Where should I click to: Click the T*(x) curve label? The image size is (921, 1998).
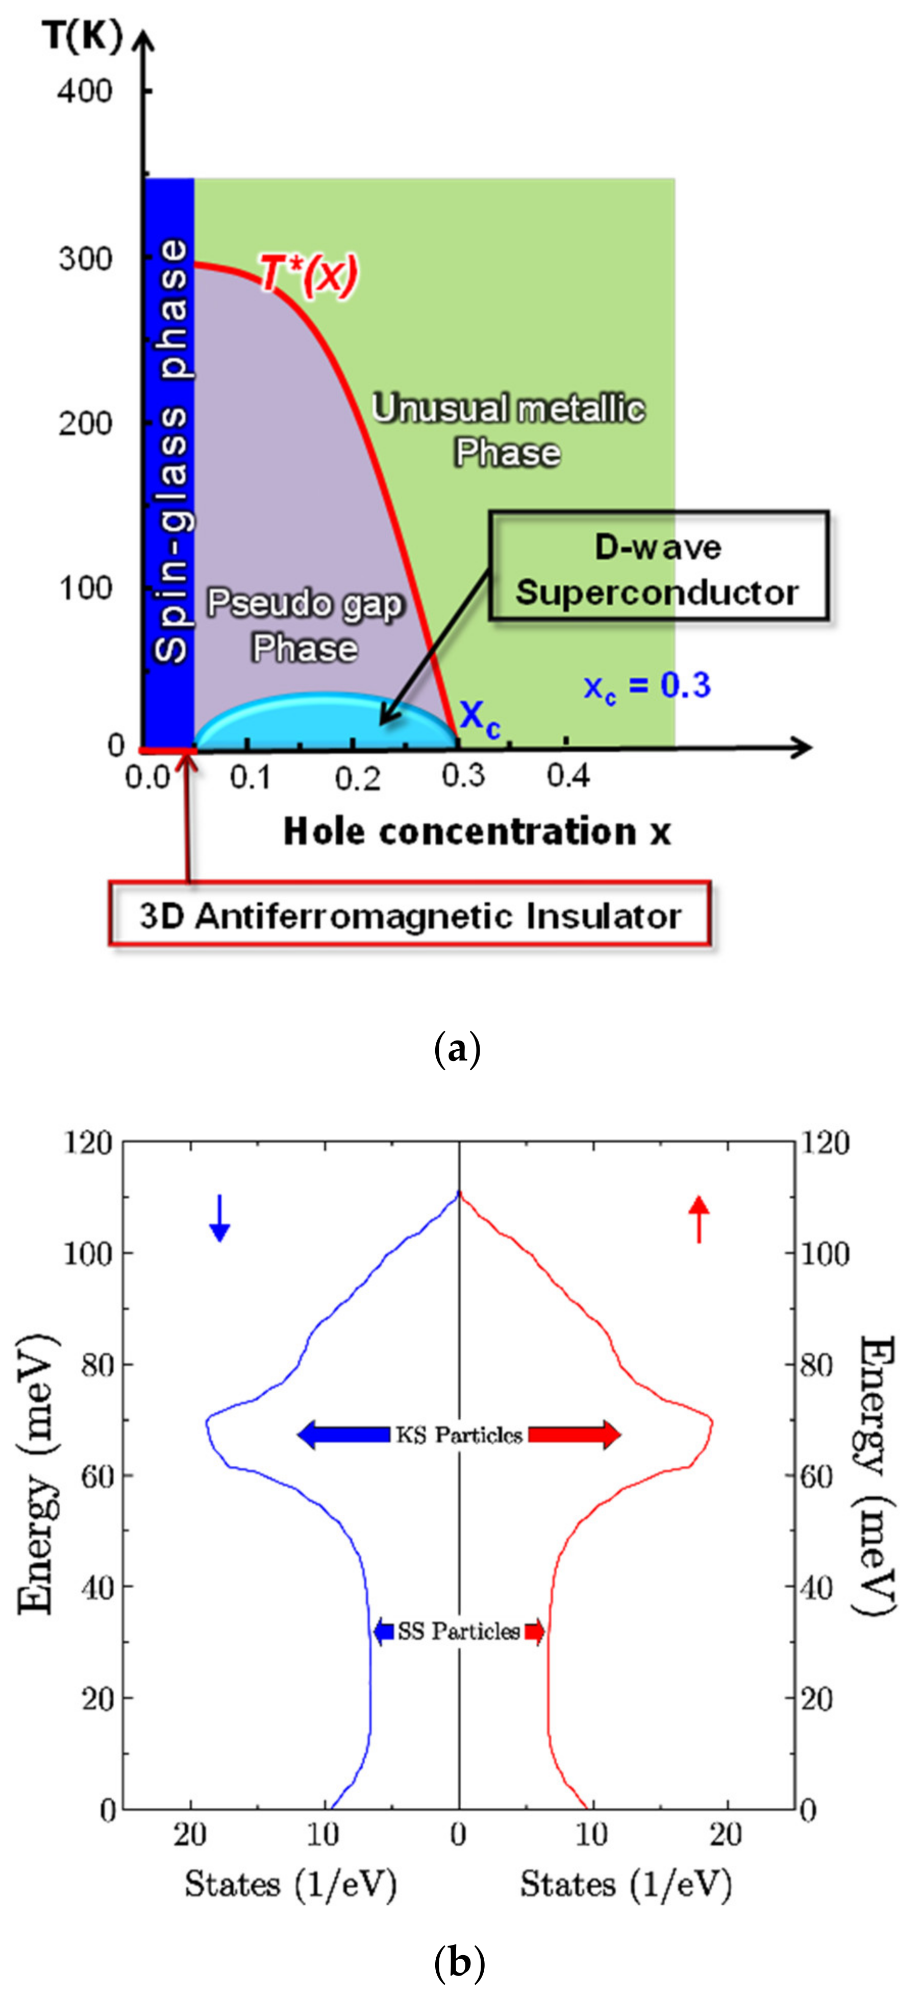[309, 274]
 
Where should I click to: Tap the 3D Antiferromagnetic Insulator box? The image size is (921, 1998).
[409, 915]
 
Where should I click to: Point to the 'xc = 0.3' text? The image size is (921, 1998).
[646, 686]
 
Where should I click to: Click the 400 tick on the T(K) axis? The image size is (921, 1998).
[85, 91]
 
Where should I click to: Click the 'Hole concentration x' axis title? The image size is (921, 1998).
[477, 831]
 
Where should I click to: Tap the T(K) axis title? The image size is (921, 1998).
[82, 36]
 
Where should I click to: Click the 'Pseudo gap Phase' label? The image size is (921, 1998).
[305, 625]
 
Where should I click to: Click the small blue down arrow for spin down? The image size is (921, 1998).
[220, 1218]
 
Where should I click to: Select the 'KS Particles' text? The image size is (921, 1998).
[459, 1435]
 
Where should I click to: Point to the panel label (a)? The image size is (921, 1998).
[458, 1049]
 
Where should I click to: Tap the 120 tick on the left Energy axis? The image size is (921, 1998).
[88, 1143]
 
